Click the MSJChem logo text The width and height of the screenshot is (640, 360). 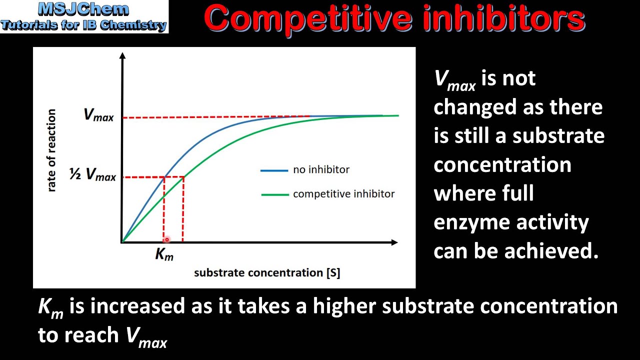[x=84, y=9]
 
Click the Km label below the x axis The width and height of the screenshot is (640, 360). [x=164, y=254]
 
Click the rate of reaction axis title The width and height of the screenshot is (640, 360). [x=51, y=150]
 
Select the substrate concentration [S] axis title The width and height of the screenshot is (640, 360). [x=267, y=273]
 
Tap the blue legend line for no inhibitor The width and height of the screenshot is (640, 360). [x=274, y=170]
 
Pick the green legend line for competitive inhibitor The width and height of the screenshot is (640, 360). [x=274, y=194]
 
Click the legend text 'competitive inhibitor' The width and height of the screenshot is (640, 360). [x=344, y=194]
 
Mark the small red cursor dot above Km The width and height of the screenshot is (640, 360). [x=167, y=239]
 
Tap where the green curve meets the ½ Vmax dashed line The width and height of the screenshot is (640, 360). [x=183, y=176]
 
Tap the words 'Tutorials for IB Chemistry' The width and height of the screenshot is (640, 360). [x=84, y=25]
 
